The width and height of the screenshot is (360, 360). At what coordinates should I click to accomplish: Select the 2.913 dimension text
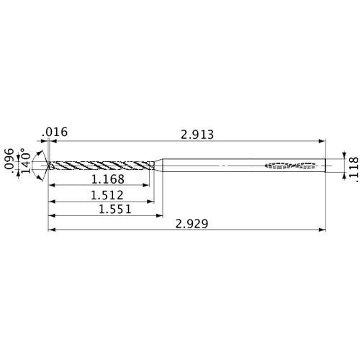coord(196,134)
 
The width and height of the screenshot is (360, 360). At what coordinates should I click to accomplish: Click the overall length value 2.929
coord(191,224)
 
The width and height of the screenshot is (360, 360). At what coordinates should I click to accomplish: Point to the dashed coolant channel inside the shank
coord(292,166)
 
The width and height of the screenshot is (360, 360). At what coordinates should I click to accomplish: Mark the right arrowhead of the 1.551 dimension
coord(159,215)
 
